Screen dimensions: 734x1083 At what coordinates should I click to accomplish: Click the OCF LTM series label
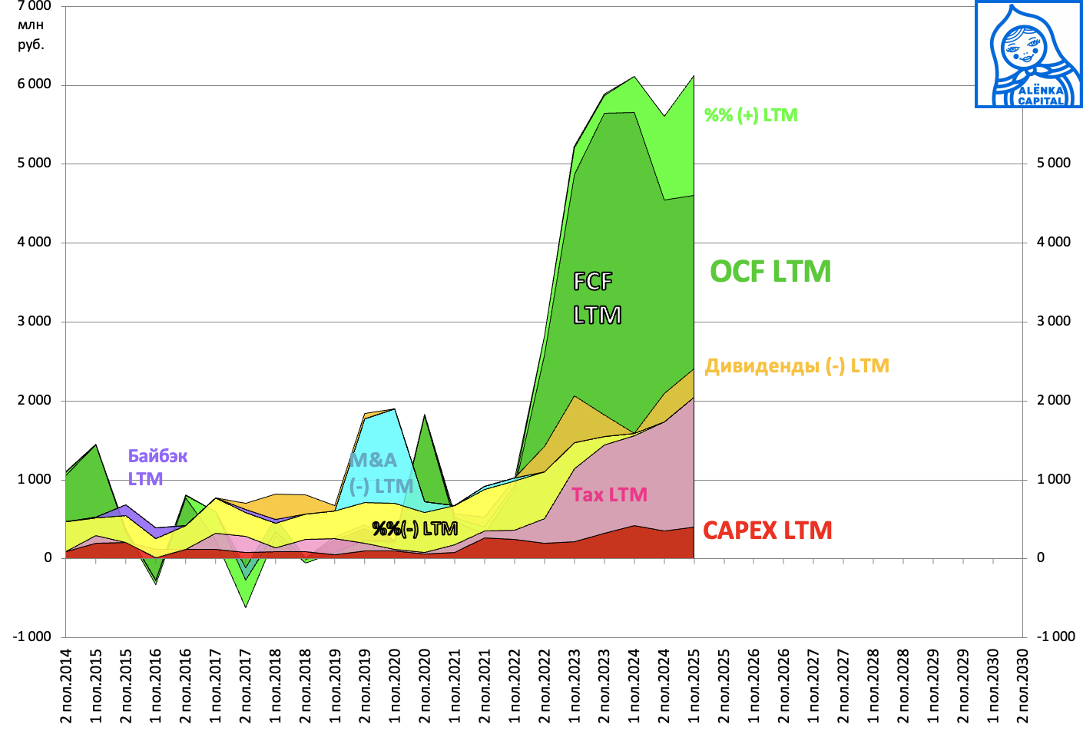click(x=770, y=272)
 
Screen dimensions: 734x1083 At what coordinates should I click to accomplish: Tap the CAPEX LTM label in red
click(x=767, y=531)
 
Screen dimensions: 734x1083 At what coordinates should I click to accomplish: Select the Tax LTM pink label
click(x=609, y=495)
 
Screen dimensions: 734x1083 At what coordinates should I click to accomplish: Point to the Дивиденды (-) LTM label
click(x=797, y=366)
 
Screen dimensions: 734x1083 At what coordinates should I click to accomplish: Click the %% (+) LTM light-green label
click(x=750, y=115)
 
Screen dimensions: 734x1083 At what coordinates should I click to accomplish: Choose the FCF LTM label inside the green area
click(x=597, y=298)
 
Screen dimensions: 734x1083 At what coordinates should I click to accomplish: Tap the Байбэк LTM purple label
click(x=157, y=467)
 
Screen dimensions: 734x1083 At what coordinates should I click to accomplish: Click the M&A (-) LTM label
click(x=381, y=473)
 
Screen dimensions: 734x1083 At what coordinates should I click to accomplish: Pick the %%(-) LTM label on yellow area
click(x=415, y=529)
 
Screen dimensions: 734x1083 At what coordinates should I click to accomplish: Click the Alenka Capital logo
click(x=1028, y=54)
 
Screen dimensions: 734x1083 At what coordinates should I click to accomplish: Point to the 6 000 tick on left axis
click(x=35, y=84)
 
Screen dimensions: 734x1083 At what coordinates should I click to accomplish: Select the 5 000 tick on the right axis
click(x=1053, y=164)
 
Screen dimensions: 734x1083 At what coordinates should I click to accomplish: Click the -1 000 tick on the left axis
click(x=31, y=636)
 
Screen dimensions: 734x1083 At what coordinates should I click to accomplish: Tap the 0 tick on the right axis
click(x=1041, y=558)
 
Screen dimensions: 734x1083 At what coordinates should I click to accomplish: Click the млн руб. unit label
click(x=31, y=35)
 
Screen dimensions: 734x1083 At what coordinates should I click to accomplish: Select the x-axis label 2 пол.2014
click(x=65, y=686)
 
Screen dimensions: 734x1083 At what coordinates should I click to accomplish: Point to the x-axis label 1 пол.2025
click(x=694, y=686)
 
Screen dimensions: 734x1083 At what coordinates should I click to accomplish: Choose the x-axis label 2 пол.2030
click(x=1022, y=686)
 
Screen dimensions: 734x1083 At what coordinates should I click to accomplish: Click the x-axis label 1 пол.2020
click(x=395, y=686)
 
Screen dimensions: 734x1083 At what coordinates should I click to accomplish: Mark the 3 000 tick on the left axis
click(x=35, y=322)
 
